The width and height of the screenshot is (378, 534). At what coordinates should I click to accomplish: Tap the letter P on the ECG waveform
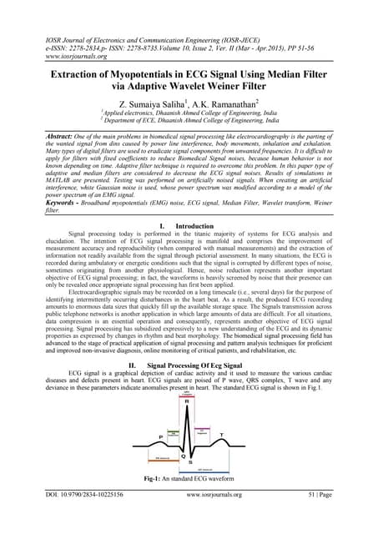(138, 436)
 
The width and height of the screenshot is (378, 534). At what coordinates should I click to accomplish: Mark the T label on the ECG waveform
(242, 435)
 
